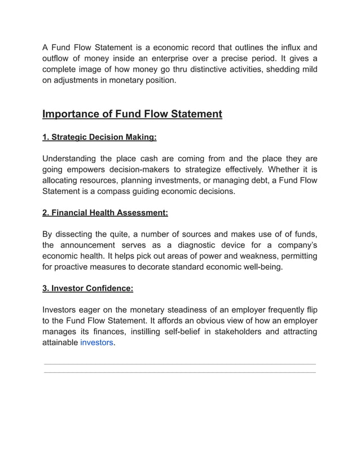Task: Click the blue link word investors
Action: point(96,342)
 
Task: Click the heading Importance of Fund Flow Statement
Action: point(132,115)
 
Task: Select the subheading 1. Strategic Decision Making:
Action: point(99,137)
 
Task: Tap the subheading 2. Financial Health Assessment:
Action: point(105,213)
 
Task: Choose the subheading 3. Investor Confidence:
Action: point(88,288)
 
